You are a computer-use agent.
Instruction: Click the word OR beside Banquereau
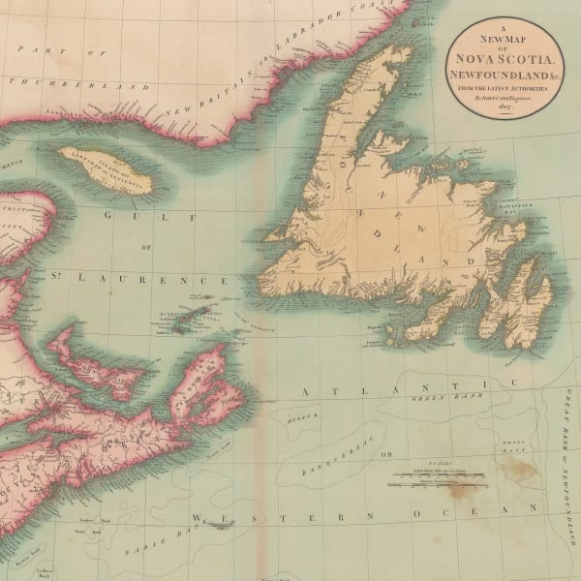(388, 455)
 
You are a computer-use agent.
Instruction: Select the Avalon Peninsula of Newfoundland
(523, 305)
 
